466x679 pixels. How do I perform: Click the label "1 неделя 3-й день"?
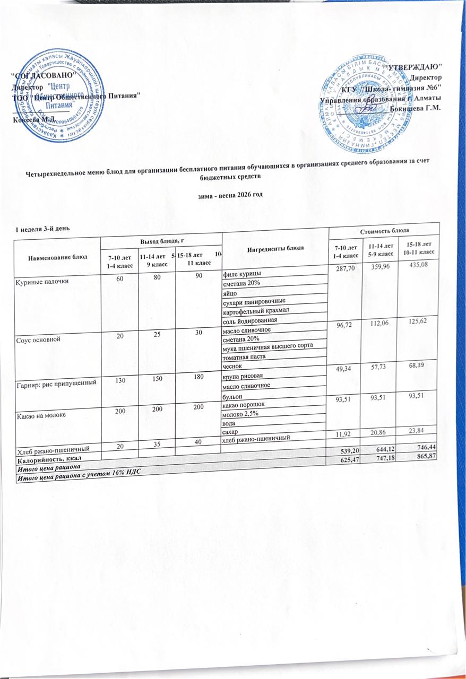click(42, 229)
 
